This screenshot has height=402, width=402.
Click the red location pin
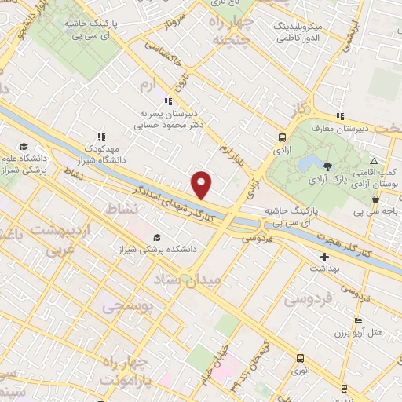tap(203, 183)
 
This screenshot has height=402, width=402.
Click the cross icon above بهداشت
tap(324, 257)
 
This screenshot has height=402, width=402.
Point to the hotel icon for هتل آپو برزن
tap(359, 320)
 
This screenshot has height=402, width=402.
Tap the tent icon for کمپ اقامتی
tap(373, 161)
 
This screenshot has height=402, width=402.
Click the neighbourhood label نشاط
tap(122, 207)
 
